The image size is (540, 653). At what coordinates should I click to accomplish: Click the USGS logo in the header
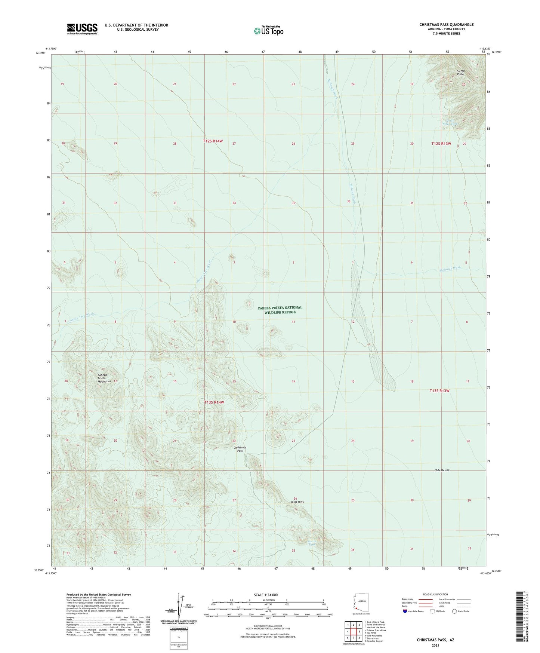[x=82, y=28]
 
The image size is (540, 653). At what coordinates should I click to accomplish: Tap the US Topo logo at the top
[x=268, y=31]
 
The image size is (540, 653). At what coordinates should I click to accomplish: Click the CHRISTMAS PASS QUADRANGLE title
[x=446, y=25]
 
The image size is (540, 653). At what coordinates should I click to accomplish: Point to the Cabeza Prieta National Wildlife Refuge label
[x=280, y=310]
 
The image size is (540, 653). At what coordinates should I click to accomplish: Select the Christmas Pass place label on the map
[x=240, y=449]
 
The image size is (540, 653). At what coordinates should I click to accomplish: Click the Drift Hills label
[x=297, y=502]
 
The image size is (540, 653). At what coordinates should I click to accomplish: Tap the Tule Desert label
[x=442, y=470]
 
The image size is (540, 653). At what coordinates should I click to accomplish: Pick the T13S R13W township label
[x=439, y=390]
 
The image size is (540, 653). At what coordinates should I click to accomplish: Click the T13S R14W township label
[x=214, y=402]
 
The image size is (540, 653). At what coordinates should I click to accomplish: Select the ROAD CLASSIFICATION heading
[x=436, y=594]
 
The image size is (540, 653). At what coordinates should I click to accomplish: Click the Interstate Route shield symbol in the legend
[x=405, y=611]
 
